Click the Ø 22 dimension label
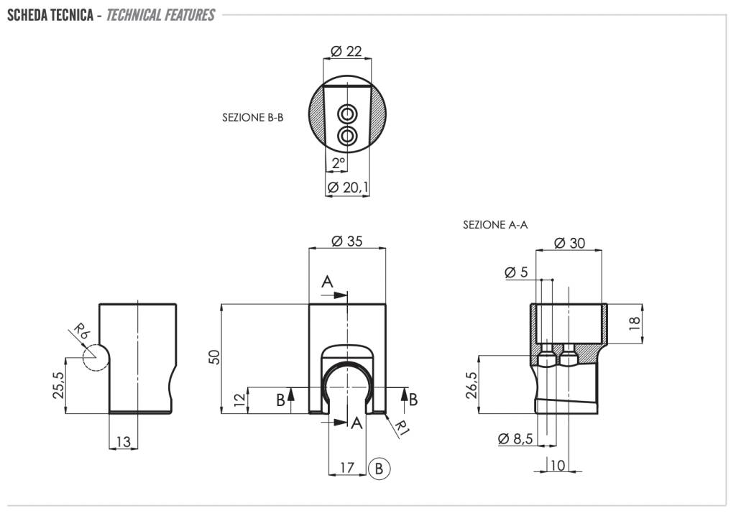346,51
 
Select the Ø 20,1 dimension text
348,188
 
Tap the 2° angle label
339,163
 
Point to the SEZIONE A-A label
495,225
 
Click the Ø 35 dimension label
346,241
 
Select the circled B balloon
379,468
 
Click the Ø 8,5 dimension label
515,438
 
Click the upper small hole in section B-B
347,114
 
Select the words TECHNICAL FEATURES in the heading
160,15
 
